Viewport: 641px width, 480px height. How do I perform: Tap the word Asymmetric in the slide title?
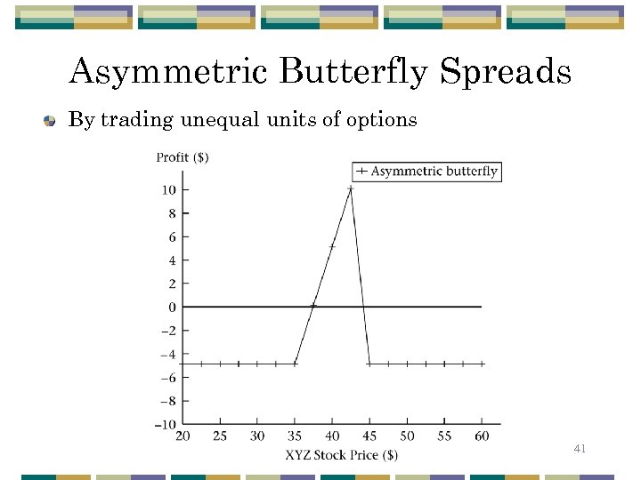(x=170, y=72)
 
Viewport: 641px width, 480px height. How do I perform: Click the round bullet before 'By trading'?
(x=52, y=121)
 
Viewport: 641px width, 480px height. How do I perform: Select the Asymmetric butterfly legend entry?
(x=427, y=171)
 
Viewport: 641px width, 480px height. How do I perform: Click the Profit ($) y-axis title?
(x=183, y=157)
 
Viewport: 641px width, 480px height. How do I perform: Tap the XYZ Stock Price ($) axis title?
(x=342, y=454)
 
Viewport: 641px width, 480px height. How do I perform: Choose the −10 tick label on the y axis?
(x=165, y=425)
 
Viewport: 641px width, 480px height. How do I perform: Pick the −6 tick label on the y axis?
(x=167, y=378)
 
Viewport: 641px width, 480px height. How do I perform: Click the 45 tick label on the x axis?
(x=369, y=436)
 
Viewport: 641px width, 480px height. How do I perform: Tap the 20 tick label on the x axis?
(x=183, y=436)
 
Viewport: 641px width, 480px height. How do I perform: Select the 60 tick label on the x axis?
(x=482, y=436)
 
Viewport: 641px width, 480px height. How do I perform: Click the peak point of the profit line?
(x=350, y=188)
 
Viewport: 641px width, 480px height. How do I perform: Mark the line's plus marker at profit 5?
(x=332, y=246)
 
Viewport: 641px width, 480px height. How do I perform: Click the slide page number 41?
(x=580, y=450)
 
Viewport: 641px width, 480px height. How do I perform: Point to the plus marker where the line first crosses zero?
(x=313, y=306)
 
